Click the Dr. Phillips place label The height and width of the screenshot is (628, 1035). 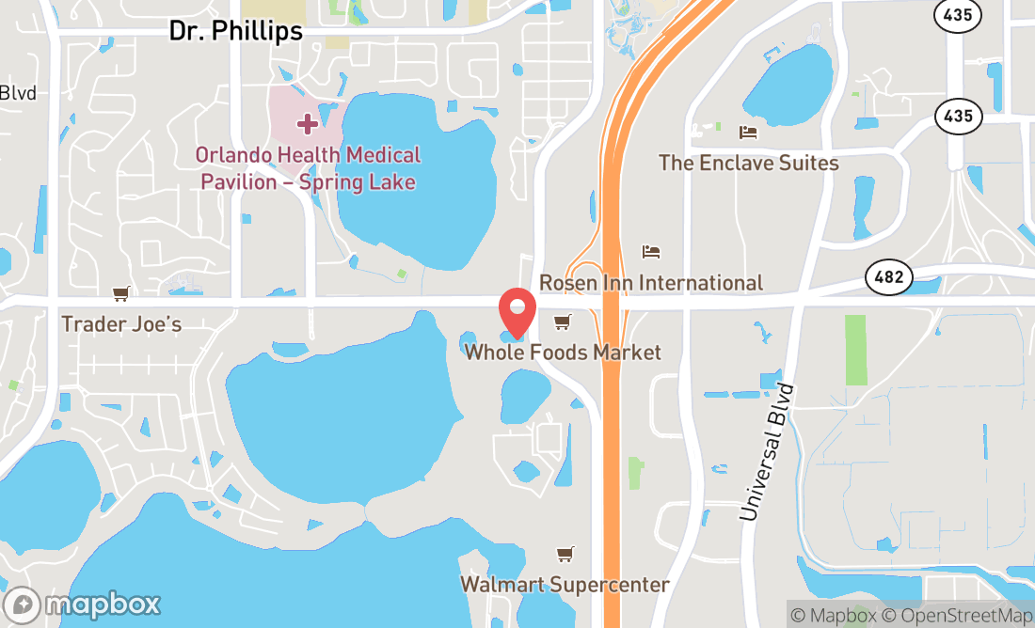[235, 31]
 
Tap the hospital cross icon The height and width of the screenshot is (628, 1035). [307, 123]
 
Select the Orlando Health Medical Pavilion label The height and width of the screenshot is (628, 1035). [308, 168]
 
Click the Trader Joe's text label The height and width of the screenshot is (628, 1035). [121, 324]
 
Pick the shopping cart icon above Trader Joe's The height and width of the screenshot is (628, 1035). [120, 294]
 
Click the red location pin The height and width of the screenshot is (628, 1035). [517, 313]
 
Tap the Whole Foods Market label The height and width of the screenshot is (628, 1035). [563, 353]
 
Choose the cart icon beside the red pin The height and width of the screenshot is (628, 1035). [563, 322]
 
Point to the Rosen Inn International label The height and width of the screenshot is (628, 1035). [650, 283]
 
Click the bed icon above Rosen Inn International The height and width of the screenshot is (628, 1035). [650, 252]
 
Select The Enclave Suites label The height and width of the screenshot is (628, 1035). [748, 163]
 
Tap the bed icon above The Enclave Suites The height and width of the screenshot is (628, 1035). [748, 132]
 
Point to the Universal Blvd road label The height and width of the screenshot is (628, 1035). [768, 452]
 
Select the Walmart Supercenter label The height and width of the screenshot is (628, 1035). [565, 585]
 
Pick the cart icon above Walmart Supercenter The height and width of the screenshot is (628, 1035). [565, 555]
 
